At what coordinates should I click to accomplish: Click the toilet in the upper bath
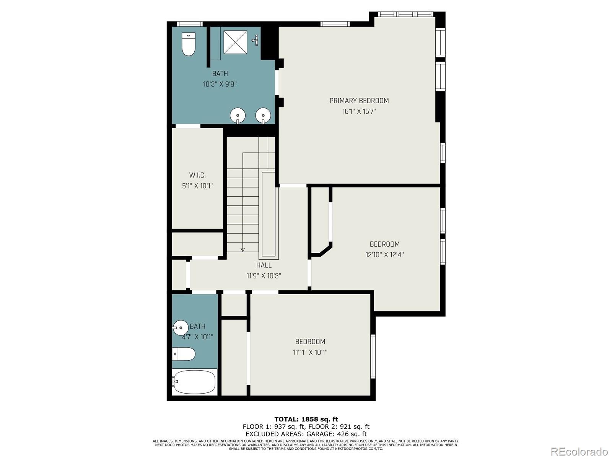coord(188,44)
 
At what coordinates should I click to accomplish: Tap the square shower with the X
coord(235,42)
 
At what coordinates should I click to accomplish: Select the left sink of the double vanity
coord(238,115)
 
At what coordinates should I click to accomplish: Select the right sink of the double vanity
coord(263,115)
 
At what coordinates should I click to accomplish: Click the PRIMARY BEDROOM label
coord(359,101)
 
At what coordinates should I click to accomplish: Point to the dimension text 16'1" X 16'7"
coord(359,112)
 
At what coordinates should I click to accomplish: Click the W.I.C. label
coord(197,175)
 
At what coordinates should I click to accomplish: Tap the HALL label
coord(264,265)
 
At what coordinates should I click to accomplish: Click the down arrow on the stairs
coord(243,249)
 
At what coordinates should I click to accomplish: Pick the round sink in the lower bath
coord(180,327)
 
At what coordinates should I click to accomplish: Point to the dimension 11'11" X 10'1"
coord(310,352)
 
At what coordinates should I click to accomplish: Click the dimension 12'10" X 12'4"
coord(384,255)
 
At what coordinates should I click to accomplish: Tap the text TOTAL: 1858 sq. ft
coord(306,419)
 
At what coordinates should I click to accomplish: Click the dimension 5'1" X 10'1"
coord(197,186)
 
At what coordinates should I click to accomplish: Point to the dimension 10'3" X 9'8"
coord(220,84)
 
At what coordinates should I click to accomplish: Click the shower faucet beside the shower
coord(256,40)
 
